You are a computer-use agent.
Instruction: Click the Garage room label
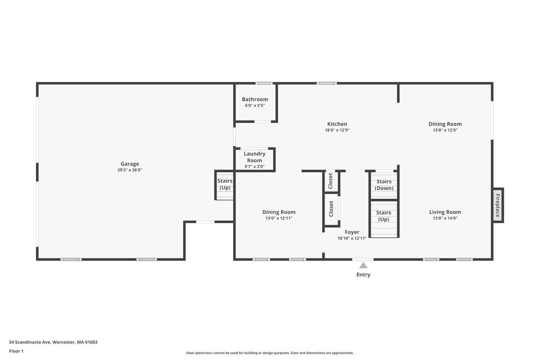click(130, 164)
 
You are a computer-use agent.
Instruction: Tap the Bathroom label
click(255, 99)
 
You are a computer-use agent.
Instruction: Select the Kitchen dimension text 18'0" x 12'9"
click(337, 130)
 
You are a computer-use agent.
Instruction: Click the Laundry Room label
click(254, 157)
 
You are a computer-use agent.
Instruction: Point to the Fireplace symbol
click(498, 205)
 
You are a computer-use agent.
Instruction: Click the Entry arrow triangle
click(363, 265)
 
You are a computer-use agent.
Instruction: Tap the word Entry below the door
click(363, 274)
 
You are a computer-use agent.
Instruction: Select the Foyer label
click(352, 232)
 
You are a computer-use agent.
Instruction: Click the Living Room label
click(445, 212)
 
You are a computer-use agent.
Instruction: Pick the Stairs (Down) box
click(384, 185)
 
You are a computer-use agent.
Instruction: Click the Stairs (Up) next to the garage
click(225, 184)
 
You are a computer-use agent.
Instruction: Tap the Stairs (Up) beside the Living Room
click(383, 216)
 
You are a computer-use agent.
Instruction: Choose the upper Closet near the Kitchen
click(331, 181)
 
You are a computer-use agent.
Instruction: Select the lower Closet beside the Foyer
click(331, 209)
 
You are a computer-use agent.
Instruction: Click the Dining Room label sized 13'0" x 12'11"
click(279, 212)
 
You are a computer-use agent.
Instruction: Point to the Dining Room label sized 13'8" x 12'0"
click(445, 124)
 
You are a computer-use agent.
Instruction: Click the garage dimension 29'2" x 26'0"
click(130, 170)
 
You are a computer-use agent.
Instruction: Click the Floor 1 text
click(16, 351)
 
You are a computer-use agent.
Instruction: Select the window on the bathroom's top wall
click(264, 83)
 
